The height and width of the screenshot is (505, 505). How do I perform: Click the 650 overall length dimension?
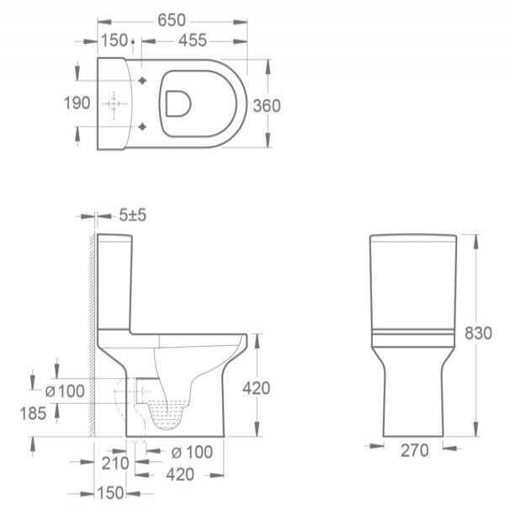point(172,20)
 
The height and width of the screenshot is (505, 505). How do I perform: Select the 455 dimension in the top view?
point(193,40)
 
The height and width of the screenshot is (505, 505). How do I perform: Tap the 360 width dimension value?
point(267,106)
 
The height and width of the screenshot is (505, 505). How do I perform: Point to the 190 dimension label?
point(77,104)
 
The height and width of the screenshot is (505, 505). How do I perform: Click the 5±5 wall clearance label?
point(133,215)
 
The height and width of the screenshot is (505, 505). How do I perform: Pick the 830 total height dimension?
point(478,333)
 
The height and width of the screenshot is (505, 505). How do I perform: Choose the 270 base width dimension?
point(414,450)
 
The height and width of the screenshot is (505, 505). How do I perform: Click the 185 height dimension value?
point(33,413)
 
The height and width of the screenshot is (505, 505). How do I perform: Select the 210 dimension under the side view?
point(115,464)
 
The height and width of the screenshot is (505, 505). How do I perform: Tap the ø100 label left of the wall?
point(65,391)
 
